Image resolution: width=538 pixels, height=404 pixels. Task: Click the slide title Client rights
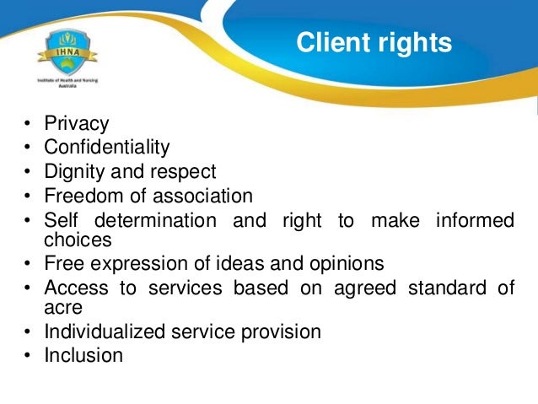(x=374, y=42)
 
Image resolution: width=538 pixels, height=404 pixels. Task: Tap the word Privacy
(x=77, y=124)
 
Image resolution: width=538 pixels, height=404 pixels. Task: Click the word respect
(x=185, y=172)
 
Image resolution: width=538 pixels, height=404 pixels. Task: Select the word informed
(x=475, y=221)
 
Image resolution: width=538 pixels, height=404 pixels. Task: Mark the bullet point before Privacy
(x=27, y=125)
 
